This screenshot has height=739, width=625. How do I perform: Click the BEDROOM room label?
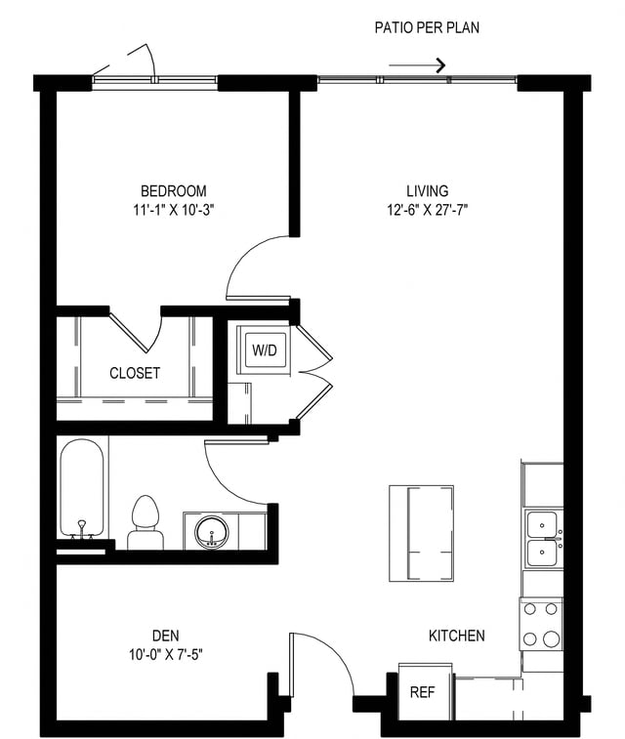click(x=173, y=190)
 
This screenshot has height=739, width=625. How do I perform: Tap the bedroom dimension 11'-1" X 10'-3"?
click(x=173, y=209)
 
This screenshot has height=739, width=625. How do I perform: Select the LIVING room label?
click(x=428, y=190)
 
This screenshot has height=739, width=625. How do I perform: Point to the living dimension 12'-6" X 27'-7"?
click(x=428, y=209)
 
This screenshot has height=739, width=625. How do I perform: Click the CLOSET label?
click(x=135, y=373)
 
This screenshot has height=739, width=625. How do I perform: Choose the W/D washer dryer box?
click(x=264, y=349)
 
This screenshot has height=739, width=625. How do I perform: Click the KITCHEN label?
click(x=457, y=636)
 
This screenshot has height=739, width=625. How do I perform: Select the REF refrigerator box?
click(x=422, y=691)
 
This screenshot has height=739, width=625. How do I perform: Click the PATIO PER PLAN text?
click(x=427, y=28)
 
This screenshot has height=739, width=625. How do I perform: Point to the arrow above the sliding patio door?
click(x=417, y=65)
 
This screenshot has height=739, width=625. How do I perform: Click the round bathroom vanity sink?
click(x=211, y=532)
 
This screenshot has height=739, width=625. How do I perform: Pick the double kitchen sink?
click(x=542, y=539)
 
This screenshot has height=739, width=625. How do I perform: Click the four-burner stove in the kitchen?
click(x=541, y=625)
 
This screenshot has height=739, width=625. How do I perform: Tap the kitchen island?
click(x=421, y=532)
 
